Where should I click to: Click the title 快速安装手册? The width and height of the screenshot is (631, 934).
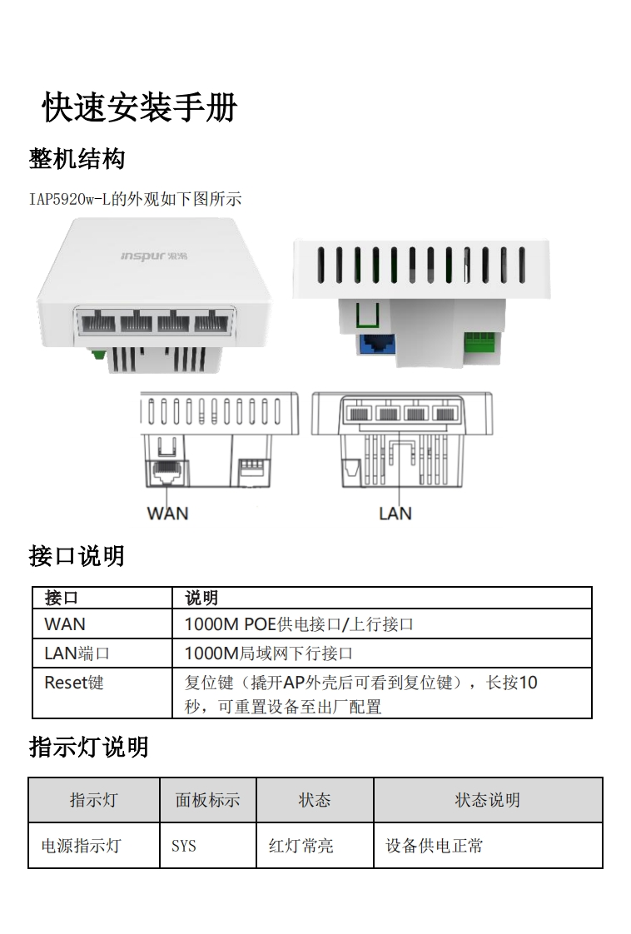(x=140, y=108)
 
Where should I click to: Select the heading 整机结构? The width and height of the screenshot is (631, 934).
(x=77, y=158)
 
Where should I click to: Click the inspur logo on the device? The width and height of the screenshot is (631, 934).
(x=155, y=255)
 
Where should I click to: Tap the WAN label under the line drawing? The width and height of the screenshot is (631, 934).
(x=167, y=513)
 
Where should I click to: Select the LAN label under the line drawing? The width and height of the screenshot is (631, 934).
(x=395, y=513)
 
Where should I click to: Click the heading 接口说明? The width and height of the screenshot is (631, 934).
(x=77, y=556)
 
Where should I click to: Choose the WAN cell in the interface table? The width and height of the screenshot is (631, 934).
(x=65, y=623)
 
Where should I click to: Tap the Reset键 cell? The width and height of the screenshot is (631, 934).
(x=74, y=683)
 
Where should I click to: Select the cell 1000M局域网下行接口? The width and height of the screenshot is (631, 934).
(x=269, y=653)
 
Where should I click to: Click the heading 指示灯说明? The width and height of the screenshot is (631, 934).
(x=88, y=747)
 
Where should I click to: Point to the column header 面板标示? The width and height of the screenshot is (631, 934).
(x=207, y=800)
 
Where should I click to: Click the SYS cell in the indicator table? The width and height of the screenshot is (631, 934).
(x=184, y=846)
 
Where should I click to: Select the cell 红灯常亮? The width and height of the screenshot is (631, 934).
(x=301, y=846)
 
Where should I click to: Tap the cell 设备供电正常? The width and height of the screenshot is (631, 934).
(x=434, y=846)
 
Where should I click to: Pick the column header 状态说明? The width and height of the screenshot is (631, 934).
(x=487, y=800)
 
